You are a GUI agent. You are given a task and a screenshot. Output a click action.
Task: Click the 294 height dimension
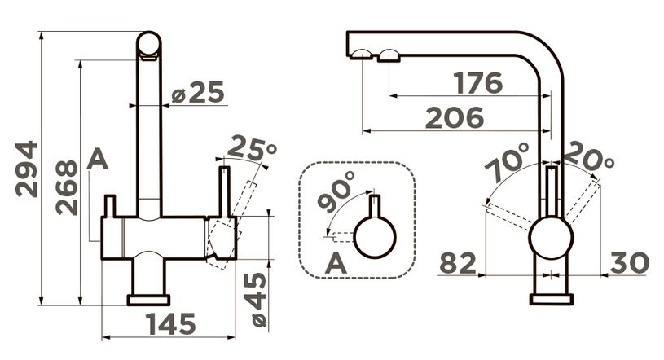26,169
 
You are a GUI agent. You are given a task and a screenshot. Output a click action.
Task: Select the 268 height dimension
67,187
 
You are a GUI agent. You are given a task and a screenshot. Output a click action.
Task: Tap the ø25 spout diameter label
198,92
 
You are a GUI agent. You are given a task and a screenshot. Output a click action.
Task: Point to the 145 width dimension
171,324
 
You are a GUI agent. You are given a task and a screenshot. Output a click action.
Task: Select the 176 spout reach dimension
477,82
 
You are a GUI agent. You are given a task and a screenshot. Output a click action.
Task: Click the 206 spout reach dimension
455,117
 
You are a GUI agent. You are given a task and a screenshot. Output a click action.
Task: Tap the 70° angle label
508,161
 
